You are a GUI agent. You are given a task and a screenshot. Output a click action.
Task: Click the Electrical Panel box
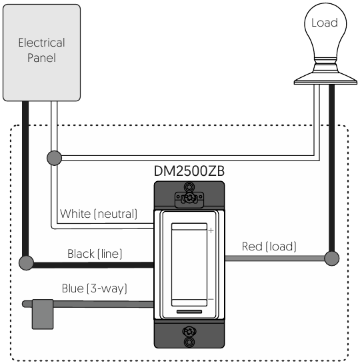pyautogui.click(x=42, y=53)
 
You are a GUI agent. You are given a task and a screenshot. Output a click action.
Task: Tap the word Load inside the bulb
pyautogui.click(x=324, y=23)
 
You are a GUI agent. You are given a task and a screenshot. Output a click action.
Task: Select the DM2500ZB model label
pyautogui.click(x=189, y=171)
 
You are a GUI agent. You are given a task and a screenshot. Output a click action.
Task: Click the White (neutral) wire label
pyautogui.click(x=99, y=214)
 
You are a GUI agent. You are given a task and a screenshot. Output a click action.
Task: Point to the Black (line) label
pyautogui.click(x=95, y=254)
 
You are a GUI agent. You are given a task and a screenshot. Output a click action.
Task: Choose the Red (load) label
pyautogui.click(x=269, y=246)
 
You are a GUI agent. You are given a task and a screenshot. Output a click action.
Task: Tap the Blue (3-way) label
pyautogui.click(x=95, y=288)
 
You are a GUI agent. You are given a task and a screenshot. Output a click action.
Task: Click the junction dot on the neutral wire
pyautogui.click(x=54, y=158)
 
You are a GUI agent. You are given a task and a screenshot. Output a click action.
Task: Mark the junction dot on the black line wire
pyautogui.click(x=26, y=262)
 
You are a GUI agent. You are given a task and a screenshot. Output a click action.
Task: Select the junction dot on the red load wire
pyautogui.click(x=332, y=258)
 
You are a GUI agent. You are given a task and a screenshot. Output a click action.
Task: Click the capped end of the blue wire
pyautogui.click(x=43, y=314)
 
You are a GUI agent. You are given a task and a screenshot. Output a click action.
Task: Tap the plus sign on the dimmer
pyautogui.click(x=211, y=230)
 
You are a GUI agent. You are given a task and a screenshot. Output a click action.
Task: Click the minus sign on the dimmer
pyautogui.click(x=211, y=299)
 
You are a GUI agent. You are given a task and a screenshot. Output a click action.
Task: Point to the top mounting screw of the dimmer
pyautogui.click(x=189, y=197)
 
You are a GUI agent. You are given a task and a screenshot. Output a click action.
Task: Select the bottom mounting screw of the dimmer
pyautogui.click(x=189, y=332)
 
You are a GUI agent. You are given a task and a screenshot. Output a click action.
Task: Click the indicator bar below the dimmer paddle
pyautogui.click(x=189, y=312)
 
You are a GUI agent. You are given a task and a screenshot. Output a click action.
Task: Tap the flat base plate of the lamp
pyautogui.click(x=325, y=82)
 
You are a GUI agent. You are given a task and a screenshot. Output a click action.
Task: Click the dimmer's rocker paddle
pyautogui.click(x=189, y=264)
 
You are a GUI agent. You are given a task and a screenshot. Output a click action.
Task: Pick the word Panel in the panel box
pyautogui.click(x=42, y=58)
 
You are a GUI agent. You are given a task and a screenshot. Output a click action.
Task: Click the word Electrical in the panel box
pyautogui.click(x=42, y=43)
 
